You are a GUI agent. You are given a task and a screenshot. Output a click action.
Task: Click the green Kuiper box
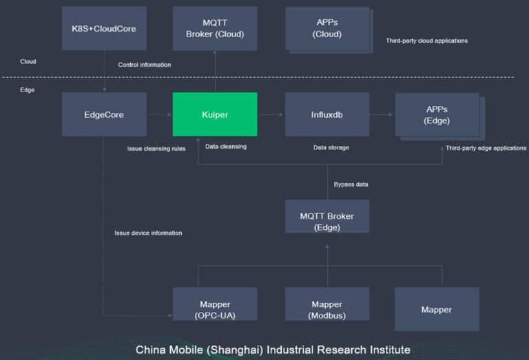(x=214, y=114)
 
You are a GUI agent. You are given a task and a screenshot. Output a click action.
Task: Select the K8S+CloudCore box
(x=104, y=29)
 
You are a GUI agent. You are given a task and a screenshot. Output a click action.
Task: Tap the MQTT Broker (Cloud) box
(x=214, y=29)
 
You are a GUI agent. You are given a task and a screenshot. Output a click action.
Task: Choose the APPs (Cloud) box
(x=326, y=28)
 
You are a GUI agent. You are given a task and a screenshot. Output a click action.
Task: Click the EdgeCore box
(x=104, y=114)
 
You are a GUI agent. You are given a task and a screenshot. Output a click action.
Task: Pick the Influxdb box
(x=326, y=114)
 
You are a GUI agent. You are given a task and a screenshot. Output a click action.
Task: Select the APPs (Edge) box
(x=437, y=114)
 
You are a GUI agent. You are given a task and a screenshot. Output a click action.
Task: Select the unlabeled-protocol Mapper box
(x=437, y=309)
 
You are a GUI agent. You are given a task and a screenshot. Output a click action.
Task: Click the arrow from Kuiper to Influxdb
(x=271, y=114)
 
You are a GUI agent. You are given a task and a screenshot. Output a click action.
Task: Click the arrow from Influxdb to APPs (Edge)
(x=382, y=114)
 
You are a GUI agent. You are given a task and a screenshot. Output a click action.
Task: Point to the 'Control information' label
(x=144, y=65)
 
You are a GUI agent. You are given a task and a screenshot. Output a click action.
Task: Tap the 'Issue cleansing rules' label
(x=156, y=148)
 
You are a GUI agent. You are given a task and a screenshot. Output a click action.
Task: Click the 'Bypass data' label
(x=351, y=184)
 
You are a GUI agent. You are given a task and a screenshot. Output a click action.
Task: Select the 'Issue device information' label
(x=148, y=233)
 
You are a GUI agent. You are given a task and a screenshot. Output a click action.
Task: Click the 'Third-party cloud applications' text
(x=426, y=41)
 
